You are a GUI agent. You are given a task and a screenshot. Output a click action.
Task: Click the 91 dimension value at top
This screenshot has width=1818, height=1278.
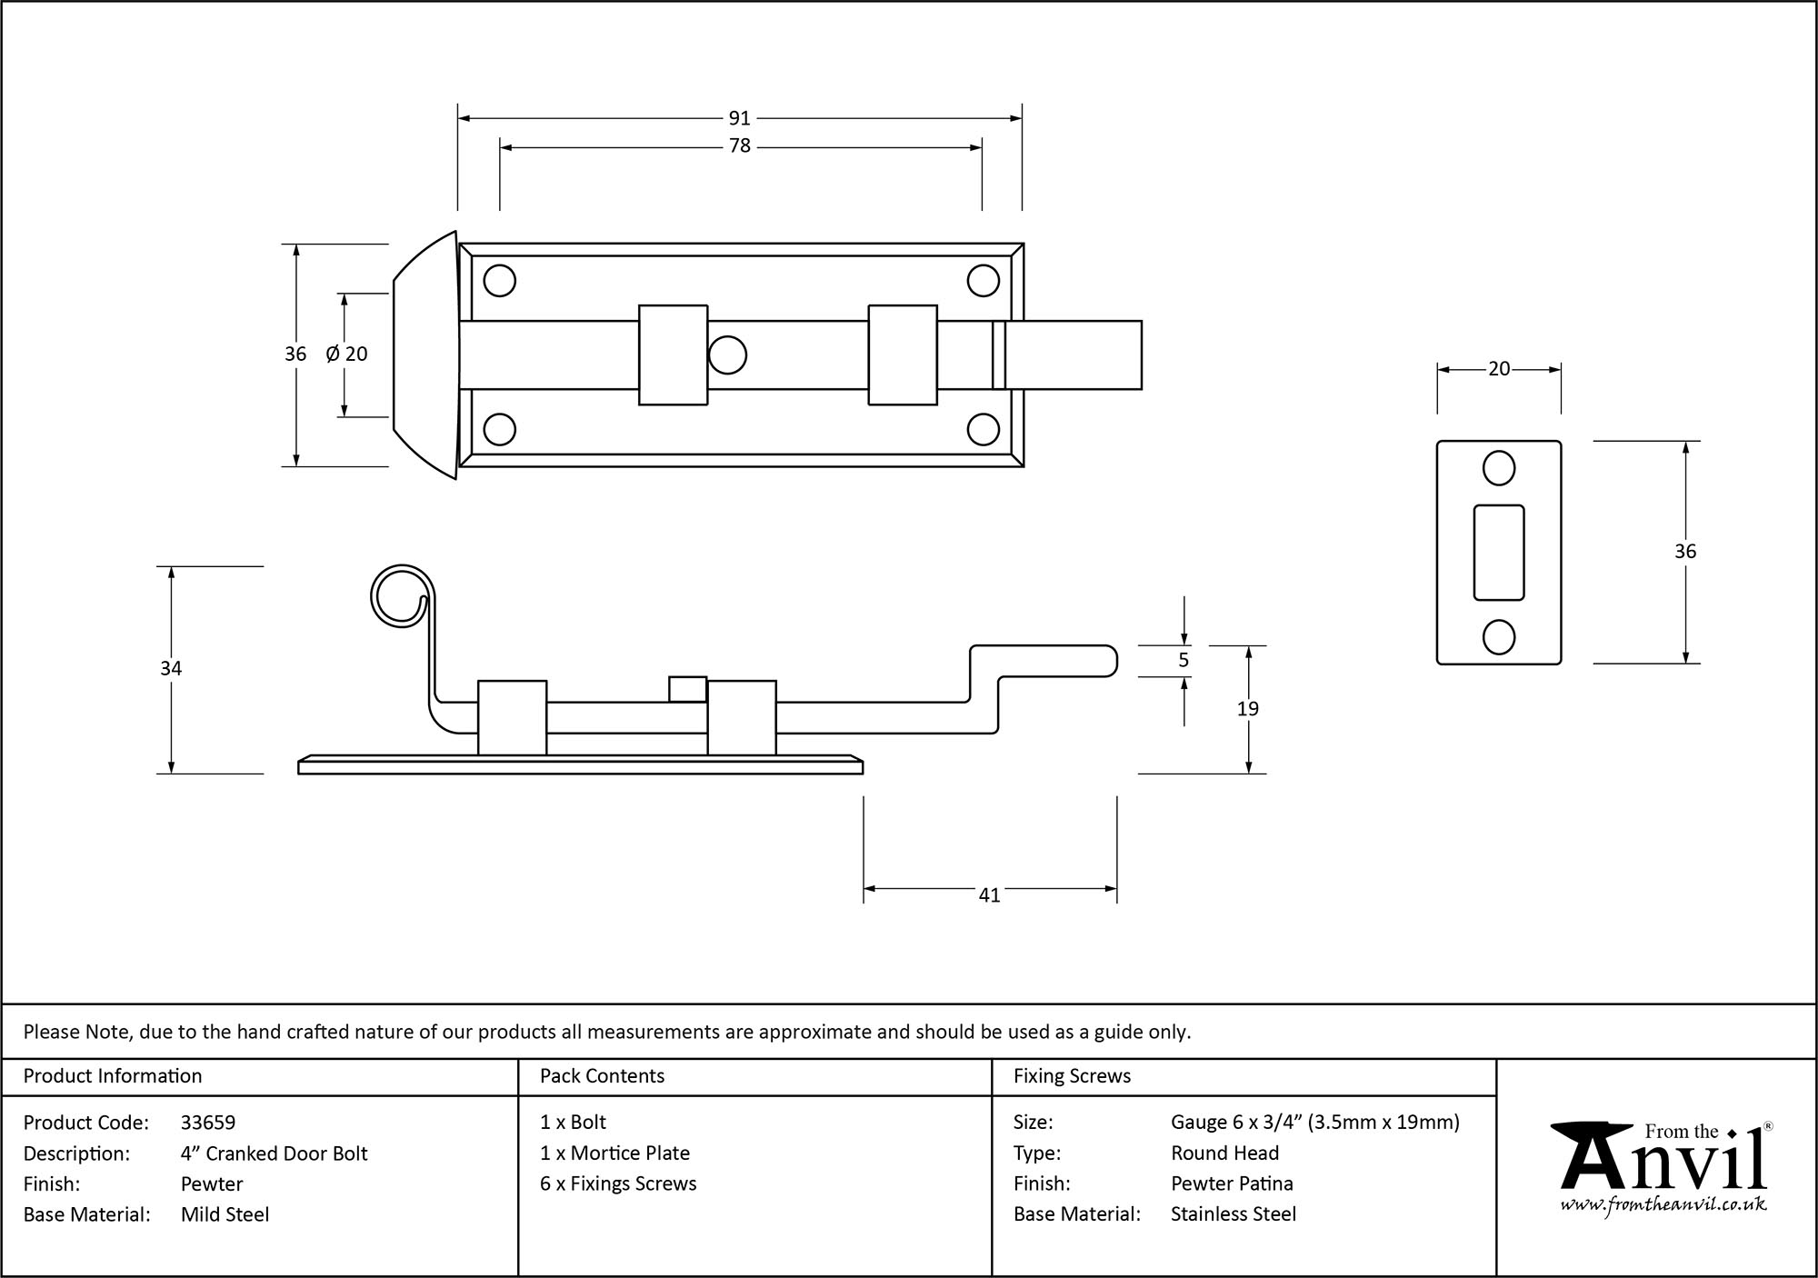click(x=739, y=118)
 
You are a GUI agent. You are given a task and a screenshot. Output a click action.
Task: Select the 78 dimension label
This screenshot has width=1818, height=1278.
click(x=739, y=146)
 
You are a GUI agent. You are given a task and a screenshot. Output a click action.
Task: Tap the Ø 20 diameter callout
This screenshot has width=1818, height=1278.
click(x=346, y=354)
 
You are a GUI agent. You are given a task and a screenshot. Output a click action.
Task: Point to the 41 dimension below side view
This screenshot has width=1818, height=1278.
click(x=989, y=895)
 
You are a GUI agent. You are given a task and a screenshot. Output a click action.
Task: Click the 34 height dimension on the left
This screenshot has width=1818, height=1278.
click(x=171, y=669)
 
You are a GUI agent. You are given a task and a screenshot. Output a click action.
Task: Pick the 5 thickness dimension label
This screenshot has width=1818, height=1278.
click(x=1183, y=661)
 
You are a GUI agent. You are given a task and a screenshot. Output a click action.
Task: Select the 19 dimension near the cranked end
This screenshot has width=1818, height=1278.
click(x=1247, y=709)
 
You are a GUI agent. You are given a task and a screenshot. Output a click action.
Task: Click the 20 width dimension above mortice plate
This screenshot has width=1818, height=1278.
click(x=1498, y=369)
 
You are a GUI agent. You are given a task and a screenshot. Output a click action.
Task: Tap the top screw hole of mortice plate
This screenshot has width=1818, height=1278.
click(x=1498, y=469)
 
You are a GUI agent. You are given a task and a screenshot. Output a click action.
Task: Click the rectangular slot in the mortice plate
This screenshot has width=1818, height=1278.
click(x=1498, y=552)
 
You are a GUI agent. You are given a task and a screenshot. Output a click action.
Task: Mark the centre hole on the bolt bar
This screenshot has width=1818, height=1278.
click(x=727, y=354)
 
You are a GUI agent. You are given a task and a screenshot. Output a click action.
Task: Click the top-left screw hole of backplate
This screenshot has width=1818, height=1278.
click(x=499, y=281)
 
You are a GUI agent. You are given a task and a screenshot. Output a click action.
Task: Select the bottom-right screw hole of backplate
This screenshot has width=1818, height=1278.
click(x=983, y=429)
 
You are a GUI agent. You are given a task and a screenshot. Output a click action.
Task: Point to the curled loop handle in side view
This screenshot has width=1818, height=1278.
click(x=400, y=595)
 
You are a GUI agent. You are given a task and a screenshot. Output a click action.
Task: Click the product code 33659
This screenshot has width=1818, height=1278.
click(x=208, y=1123)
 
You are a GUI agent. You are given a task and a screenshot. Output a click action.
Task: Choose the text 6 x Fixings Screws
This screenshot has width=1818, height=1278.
click(x=618, y=1183)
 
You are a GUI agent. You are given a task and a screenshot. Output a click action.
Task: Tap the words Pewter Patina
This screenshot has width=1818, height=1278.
click(x=1232, y=1183)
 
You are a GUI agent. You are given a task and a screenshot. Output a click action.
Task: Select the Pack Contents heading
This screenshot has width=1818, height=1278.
click(x=602, y=1076)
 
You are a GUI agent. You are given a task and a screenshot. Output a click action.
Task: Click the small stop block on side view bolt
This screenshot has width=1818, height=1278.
click(x=687, y=689)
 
